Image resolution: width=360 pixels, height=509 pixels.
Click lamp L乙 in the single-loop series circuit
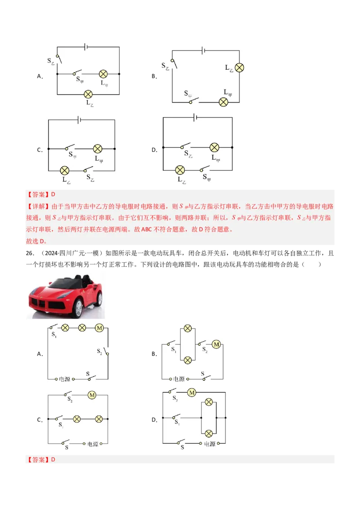pyautogui.click(x=239, y=67)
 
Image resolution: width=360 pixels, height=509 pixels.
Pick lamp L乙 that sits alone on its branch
pyautogui.click(x=88, y=94)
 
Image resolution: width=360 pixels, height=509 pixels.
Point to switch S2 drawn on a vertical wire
pyautogui.click(x=106, y=351)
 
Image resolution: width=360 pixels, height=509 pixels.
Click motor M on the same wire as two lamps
pyautogui.click(x=99, y=328)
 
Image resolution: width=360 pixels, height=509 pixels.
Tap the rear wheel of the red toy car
pyautogui.click(x=98, y=299)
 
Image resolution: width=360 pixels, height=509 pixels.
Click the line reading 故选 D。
pyautogui.click(x=36, y=241)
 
